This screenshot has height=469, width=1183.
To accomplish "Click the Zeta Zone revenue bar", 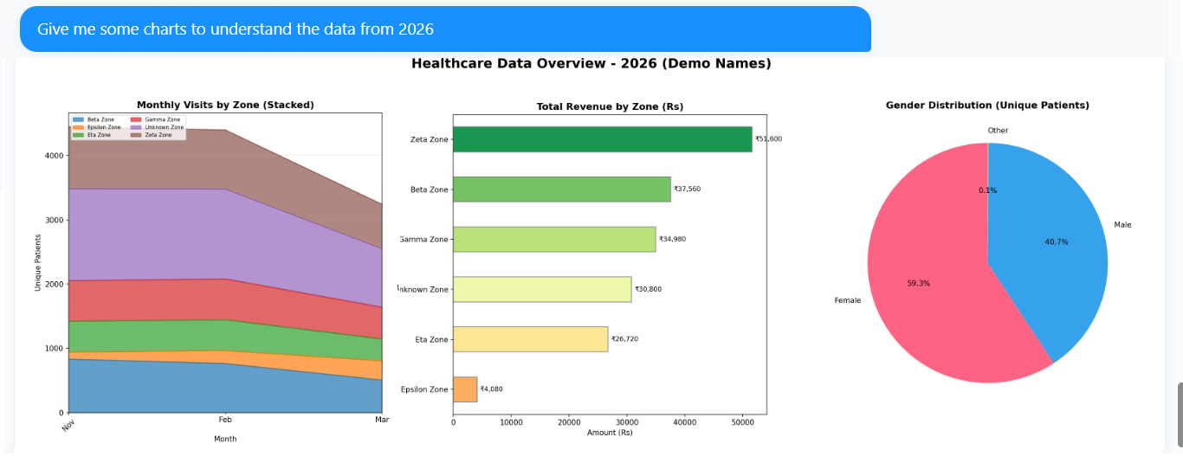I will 602,139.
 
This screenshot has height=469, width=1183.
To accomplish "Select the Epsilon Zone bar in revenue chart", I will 465,389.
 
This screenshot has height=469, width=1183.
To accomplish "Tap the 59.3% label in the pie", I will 919,284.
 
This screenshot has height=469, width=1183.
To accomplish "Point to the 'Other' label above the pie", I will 998,131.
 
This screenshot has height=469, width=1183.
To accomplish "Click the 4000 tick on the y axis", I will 54,156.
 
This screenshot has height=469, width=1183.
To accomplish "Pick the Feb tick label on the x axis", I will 224,420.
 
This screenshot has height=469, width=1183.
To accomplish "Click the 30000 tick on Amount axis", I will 627,422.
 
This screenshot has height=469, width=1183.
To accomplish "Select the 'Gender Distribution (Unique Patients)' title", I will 987,106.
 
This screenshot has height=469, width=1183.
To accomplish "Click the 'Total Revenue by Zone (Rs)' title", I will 610,107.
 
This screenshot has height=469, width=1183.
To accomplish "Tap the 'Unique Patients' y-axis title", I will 38,261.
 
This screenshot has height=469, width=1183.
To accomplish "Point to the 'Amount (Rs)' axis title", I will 610,433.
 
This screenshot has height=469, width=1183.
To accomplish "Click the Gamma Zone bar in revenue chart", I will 554,240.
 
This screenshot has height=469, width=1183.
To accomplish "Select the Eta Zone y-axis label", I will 430,340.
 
